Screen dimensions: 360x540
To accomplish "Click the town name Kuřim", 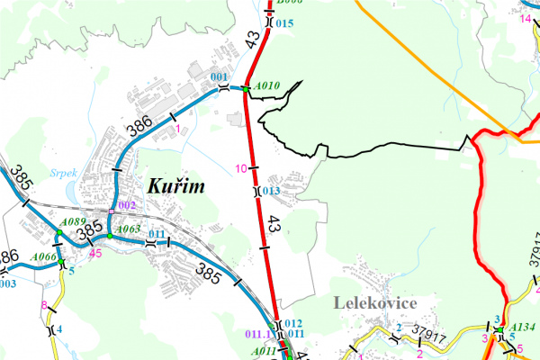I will (175, 187).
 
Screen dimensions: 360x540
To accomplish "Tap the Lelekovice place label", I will (373, 303).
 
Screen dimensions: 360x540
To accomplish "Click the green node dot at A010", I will (245, 88).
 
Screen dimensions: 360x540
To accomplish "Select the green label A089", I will (72, 222).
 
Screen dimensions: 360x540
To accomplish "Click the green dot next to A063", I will (109, 236).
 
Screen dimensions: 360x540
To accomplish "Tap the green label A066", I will (43, 257).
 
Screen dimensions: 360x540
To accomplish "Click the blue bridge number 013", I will (271, 191).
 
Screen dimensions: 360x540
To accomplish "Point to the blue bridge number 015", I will (284, 22).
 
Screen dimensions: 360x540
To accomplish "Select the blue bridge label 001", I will (219, 78).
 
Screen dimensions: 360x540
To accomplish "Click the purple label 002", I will (126, 206).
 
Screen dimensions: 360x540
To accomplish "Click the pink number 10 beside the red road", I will (240, 168).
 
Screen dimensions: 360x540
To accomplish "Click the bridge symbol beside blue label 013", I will (256, 191).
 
